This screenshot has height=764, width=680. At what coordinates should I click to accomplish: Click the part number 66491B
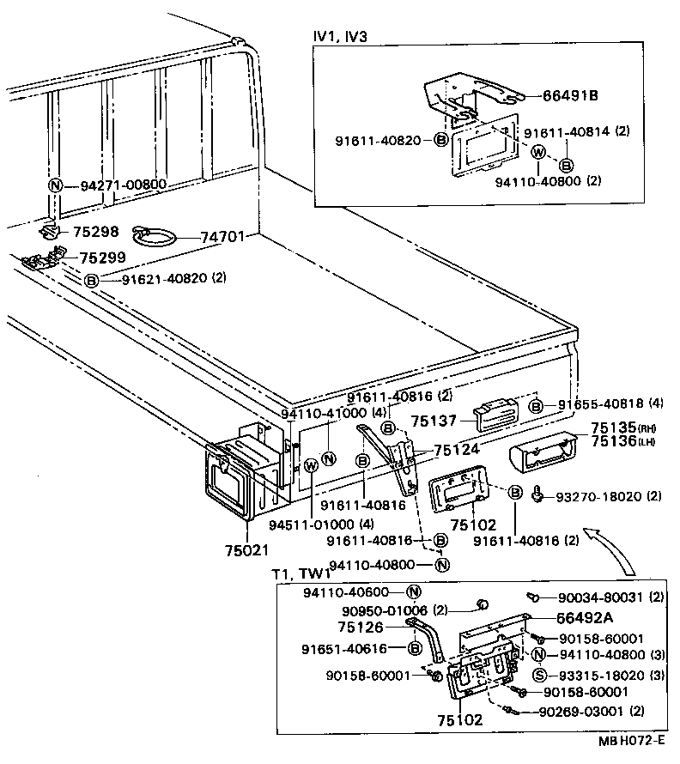click(x=570, y=95)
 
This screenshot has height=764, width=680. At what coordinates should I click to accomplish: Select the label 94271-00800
click(x=123, y=185)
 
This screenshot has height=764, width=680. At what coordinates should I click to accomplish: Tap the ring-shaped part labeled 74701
click(x=152, y=233)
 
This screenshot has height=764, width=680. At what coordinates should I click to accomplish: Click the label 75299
click(x=102, y=257)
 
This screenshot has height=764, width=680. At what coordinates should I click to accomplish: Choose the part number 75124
click(x=458, y=449)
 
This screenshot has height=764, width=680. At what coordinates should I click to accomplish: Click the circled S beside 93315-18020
click(x=540, y=675)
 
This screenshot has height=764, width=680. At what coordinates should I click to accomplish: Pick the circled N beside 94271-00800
click(x=56, y=185)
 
